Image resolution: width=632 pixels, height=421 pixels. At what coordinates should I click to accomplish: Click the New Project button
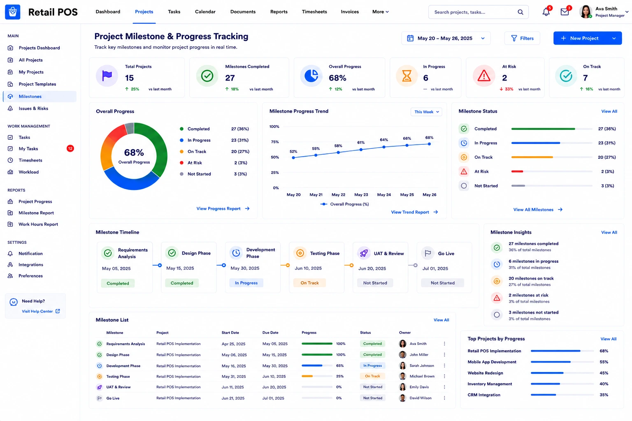[588, 38]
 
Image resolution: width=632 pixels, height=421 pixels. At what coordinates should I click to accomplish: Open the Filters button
[522, 38]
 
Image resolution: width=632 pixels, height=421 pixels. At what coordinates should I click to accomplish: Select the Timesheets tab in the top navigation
[314, 12]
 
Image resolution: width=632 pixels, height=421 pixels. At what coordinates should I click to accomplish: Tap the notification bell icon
[546, 12]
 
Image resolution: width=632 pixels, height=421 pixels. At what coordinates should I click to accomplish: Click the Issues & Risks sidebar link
[33, 108]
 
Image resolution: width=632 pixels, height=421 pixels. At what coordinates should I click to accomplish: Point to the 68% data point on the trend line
[429, 144]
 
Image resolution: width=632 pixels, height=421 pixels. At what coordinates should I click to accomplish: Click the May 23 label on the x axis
[361, 194]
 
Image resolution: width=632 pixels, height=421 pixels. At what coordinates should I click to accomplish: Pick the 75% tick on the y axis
[275, 142]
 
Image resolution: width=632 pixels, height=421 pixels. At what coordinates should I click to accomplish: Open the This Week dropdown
[426, 112]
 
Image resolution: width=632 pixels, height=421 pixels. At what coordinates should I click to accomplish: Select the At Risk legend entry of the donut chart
[195, 163]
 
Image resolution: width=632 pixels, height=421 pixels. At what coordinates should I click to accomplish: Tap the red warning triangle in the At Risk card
[484, 76]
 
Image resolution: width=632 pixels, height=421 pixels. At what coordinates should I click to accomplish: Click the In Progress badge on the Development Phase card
[246, 283]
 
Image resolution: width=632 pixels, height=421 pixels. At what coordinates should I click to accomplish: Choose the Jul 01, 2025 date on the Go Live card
[435, 268]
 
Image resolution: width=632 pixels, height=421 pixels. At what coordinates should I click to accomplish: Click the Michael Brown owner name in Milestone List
[422, 376]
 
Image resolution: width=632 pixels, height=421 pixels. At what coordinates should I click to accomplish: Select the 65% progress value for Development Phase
[340, 365]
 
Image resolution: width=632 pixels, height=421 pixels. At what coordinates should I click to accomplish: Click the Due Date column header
[270, 333]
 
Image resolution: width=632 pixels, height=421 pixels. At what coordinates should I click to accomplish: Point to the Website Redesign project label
[485, 373]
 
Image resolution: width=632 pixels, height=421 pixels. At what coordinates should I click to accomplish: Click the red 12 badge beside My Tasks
[70, 148]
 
